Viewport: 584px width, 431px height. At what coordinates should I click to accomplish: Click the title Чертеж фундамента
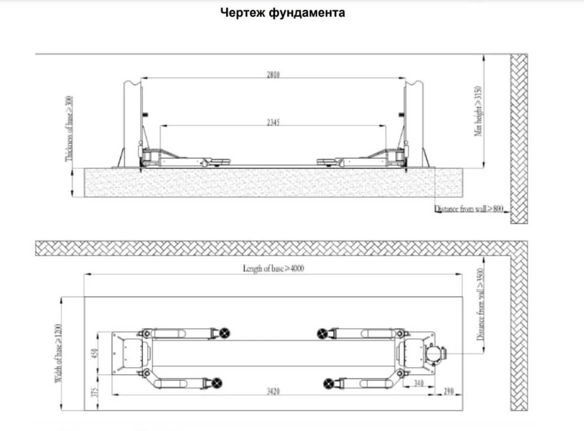tap(283, 13)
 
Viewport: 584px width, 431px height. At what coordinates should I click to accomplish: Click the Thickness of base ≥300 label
tap(69, 129)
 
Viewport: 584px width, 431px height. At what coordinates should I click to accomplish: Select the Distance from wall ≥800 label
tap(469, 209)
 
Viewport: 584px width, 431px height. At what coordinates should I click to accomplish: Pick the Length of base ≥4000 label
tap(273, 269)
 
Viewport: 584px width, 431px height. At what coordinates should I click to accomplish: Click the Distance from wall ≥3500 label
tap(480, 304)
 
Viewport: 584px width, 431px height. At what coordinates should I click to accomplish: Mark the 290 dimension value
tap(449, 391)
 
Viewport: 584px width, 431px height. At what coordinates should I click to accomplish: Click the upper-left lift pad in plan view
tap(225, 333)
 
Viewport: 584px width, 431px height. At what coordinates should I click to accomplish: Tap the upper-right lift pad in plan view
tap(322, 333)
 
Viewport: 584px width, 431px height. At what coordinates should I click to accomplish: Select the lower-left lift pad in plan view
tap(217, 382)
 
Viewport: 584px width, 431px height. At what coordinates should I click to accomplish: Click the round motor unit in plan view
tap(433, 354)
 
